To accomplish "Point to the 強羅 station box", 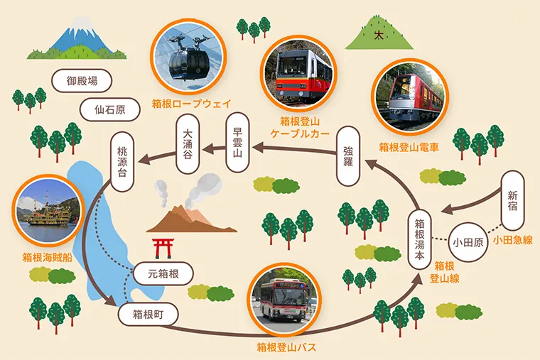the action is (348, 156).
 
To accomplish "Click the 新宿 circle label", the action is (513, 195).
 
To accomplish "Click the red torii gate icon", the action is (163, 247).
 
